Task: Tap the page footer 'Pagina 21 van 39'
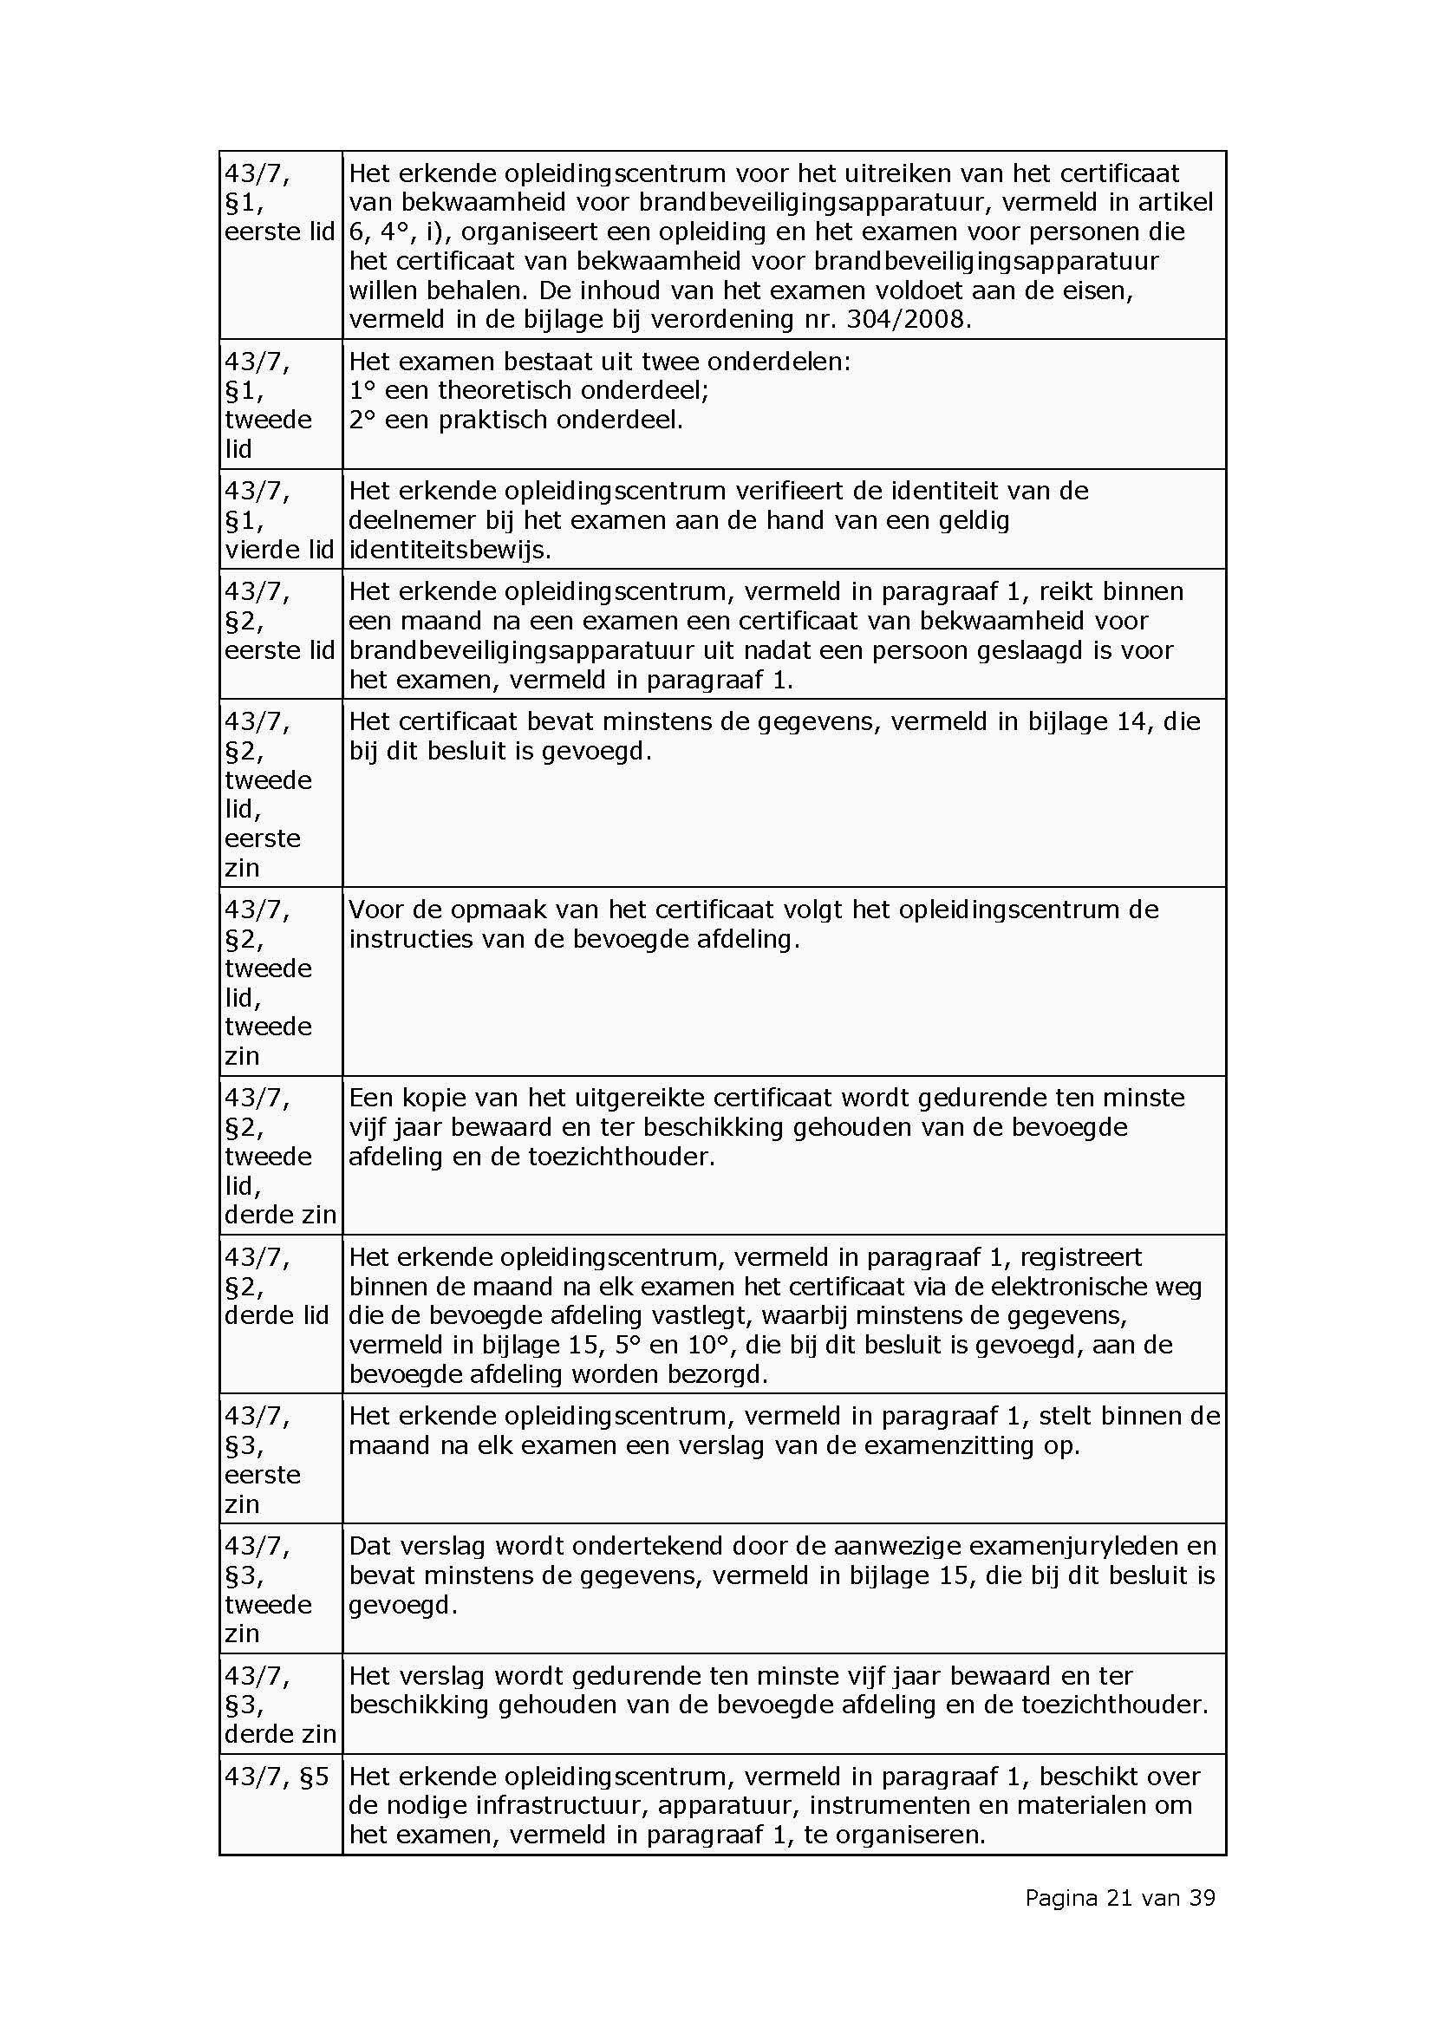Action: coord(1119,1897)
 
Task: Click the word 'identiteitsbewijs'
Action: coord(448,550)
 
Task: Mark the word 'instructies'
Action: coord(411,938)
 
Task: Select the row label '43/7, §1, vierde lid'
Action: coord(279,519)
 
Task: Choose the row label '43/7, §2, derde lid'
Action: coord(277,1286)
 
